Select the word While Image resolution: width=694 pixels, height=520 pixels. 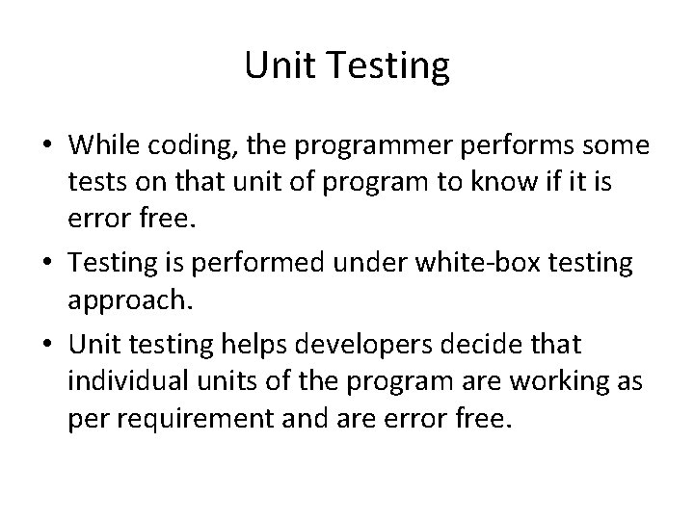coord(99,147)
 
